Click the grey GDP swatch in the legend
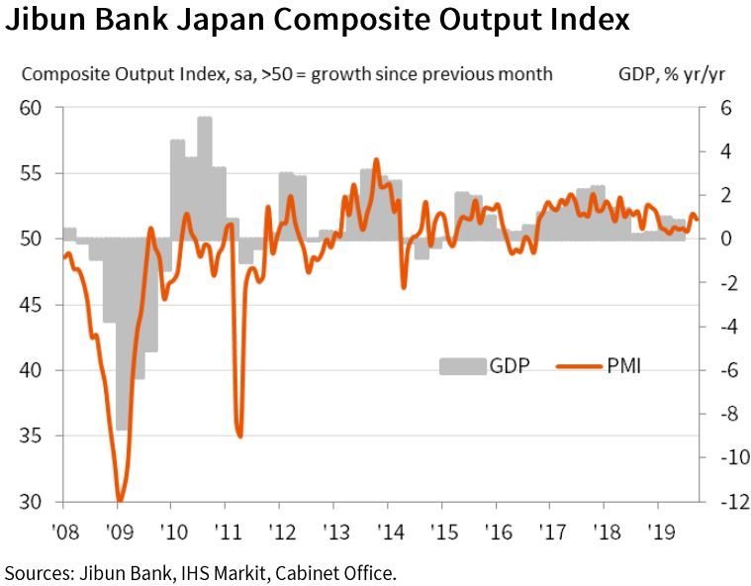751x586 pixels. (x=462, y=365)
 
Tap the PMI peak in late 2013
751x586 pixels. (x=376, y=159)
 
